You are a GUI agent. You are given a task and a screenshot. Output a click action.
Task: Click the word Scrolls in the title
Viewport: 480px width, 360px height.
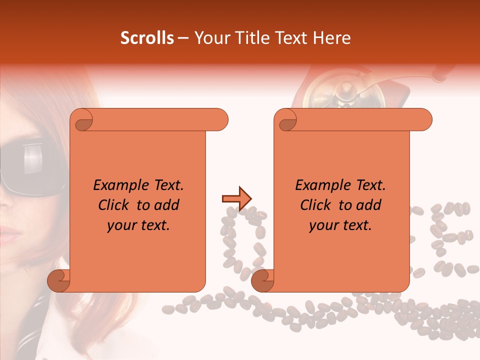pos(147,38)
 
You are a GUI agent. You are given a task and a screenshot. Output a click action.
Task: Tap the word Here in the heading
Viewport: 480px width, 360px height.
pos(331,38)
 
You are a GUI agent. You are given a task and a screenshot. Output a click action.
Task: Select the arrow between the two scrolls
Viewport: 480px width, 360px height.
pos(236,198)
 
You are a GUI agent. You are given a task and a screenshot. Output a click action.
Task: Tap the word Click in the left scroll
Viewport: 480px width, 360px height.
pos(115,205)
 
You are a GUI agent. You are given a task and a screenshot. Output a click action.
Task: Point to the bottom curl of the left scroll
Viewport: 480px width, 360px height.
pos(59,281)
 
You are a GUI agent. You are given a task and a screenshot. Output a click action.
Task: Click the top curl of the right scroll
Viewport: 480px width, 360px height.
pos(286,120)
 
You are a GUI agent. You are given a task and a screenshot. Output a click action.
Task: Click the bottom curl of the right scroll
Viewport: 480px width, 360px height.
pos(262,281)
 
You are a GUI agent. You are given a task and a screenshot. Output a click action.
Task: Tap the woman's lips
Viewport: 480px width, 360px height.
pos(9,234)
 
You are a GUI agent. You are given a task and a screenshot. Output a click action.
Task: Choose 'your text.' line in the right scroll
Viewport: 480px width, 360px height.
pos(340,225)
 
